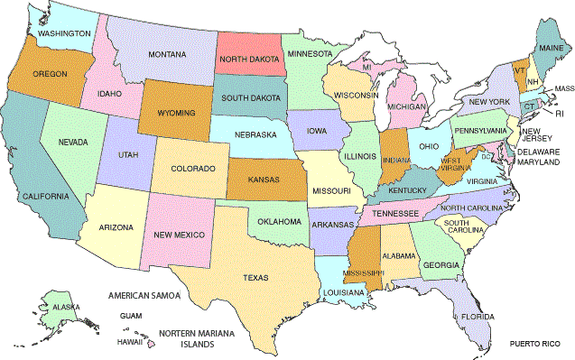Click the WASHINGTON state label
pyautogui.click(x=63, y=33)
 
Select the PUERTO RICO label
pyautogui.click(x=534, y=345)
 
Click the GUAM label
pyautogui.click(x=131, y=316)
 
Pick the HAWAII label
pyautogui.click(x=131, y=342)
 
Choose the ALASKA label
pyautogui.click(x=65, y=307)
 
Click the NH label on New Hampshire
pyautogui.click(x=533, y=80)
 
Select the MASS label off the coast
pyautogui.click(x=564, y=88)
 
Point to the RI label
pyautogui.click(x=559, y=114)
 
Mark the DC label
pyautogui.click(x=486, y=156)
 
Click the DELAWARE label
pyautogui.click(x=538, y=152)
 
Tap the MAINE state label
pyautogui.click(x=550, y=46)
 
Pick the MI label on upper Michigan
pyautogui.click(x=367, y=68)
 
